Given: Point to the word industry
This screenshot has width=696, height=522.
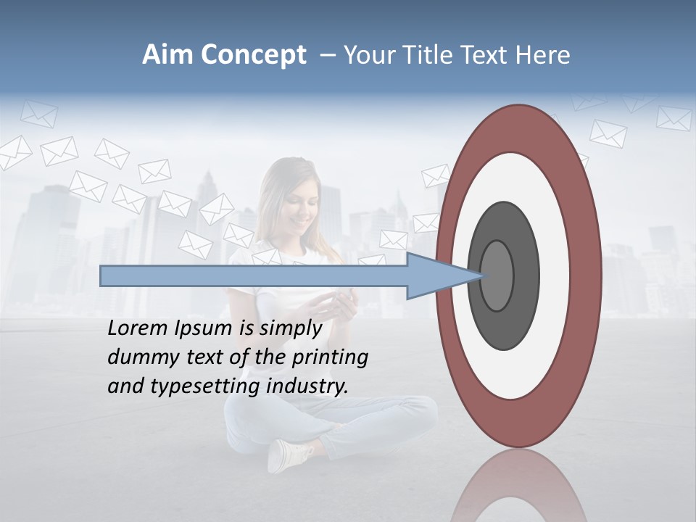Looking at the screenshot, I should [307, 386].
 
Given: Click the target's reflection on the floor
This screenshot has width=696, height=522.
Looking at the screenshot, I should [519, 486].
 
